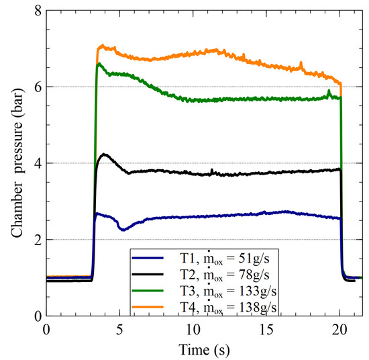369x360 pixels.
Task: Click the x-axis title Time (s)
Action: pyautogui.click(x=201, y=349)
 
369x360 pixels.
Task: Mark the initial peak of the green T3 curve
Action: pyautogui.click(x=99, y=64)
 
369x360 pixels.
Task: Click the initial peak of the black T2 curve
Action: pyautogui.click(x=104, y=154)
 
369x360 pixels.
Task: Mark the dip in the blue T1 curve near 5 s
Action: pyautogui.click(x=122, y=230)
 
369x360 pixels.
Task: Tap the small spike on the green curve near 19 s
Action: pyautogui.click(x=329, y=91)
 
